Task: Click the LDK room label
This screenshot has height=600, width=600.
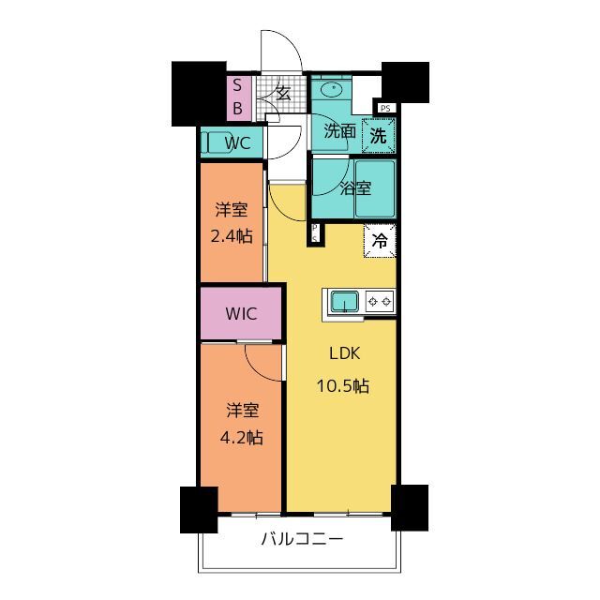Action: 345,353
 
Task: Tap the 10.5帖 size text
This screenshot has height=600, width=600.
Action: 343,385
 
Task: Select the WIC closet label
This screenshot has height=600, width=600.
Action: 241,314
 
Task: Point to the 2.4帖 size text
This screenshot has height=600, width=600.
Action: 232,236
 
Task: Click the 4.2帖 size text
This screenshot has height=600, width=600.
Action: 242,438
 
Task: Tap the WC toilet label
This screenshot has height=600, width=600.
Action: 237,143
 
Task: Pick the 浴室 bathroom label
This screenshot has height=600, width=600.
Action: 355,187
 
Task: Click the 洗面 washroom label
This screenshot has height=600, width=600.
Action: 339,131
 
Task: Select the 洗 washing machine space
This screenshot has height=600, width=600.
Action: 379,135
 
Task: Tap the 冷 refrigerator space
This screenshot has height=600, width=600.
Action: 380,241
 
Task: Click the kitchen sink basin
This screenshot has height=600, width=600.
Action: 345,302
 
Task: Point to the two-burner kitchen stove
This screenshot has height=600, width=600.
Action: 380,302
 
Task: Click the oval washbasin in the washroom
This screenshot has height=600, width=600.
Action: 331,90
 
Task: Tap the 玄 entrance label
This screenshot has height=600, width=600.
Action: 283,93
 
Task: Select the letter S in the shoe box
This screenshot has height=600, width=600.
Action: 237,85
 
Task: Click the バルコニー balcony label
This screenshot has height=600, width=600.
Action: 302,540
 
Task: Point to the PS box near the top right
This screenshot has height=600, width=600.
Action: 385,109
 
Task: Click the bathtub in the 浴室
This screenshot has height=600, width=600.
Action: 375,189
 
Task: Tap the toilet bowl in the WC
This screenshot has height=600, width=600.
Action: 216,142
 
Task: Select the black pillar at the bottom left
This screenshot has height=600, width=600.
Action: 199,510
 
